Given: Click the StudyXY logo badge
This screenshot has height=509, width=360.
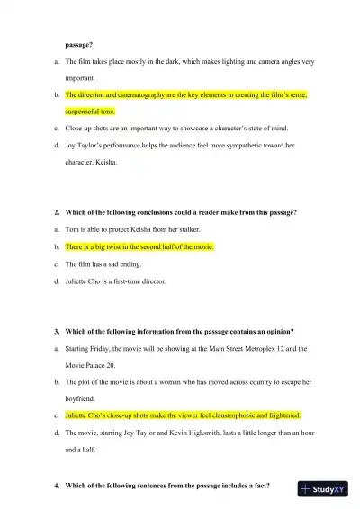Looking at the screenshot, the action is (x=325, y=490).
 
